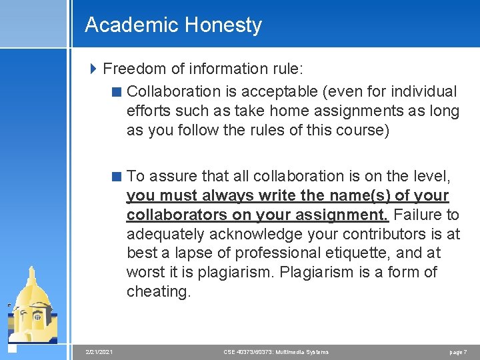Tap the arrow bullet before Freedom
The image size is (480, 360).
(93, 69)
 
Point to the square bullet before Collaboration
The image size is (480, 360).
(117, 91)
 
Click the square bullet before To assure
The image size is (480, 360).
(117, 176)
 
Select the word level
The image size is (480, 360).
(432, 176)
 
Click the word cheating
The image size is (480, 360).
(159, 291)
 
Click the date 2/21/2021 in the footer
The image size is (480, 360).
(99, 352)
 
